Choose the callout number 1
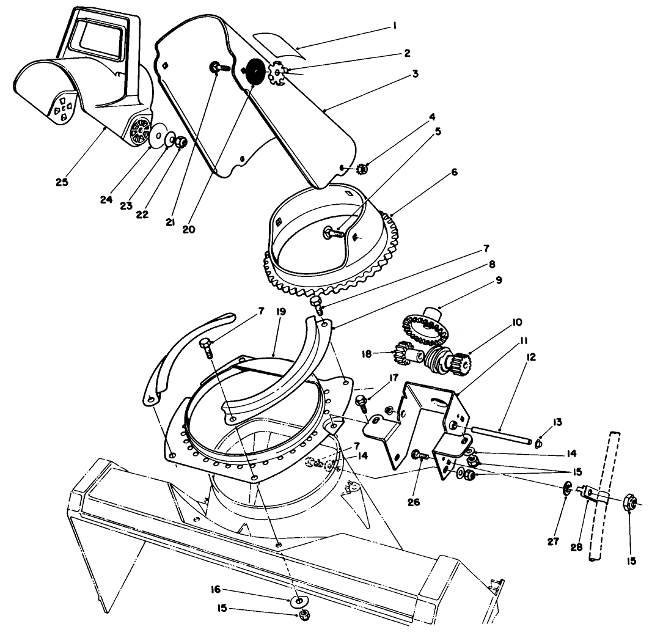(x=395, y=26)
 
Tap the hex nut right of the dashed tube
(x=630, y=503)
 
